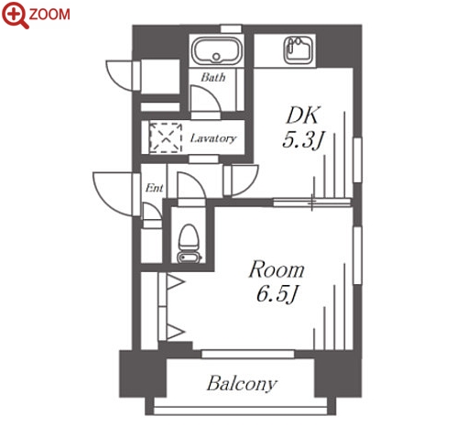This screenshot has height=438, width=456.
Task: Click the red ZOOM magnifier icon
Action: click(x=15, y=15)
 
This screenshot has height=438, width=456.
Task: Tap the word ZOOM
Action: click(x=49, y=15)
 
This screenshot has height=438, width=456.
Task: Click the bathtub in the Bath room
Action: click(x=216, y=50)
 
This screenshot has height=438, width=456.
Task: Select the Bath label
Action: click(x=213, y=77)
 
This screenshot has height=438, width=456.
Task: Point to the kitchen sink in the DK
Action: click(x=299, y=50)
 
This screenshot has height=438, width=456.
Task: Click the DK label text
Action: click(x=303, y=115)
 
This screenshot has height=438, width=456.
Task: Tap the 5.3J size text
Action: click(x=303, y=140)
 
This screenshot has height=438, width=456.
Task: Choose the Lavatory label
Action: click(x=213, y=138)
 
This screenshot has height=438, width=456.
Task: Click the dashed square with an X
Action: click(x=166, y=137)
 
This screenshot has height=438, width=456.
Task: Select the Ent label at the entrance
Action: click(x=154, y=188)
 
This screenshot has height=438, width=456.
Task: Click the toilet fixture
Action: click(x=190, y=244)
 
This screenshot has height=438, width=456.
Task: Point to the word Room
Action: click(x=277, y=269)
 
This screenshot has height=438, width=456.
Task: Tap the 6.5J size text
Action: click(x=277, y=293)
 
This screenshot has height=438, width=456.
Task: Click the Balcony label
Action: click(x=242, y=384)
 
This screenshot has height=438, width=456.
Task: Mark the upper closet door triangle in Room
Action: click(x=175, y=281)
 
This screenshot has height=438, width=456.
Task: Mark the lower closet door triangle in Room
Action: click(x=175, y=332)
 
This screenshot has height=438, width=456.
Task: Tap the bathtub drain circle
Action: click(x=216, y=57)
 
